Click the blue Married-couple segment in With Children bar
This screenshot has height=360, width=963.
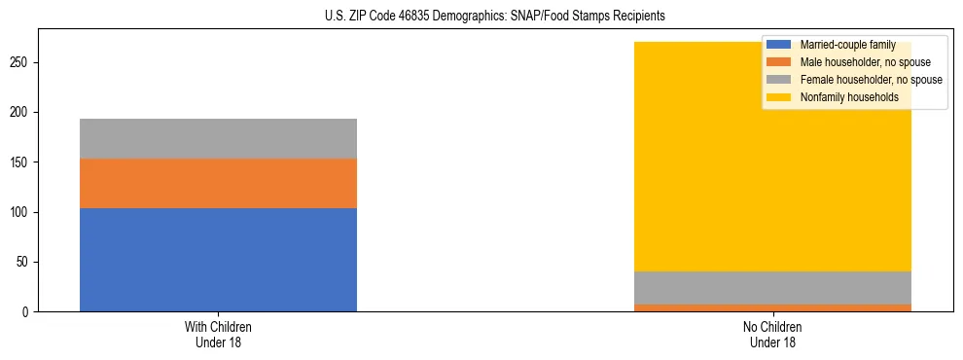pyautogui.click(x=218, y=260)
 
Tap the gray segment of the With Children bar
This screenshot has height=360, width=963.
pyautogui.click(x=218, y=138)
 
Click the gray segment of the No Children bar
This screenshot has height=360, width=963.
pyautogui.click(x=772, y=288)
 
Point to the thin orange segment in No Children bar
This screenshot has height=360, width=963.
pyautogui.click(x=772, y=307)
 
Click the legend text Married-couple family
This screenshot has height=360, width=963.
pyautogui.click(x=847, y=45)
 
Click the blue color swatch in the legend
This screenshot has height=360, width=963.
pyautogui.click(x=779, y=45)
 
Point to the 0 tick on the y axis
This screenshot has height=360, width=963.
pyautogui.click(x=28, y=312)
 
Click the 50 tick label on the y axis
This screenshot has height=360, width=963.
pyautogui.click(x=25, y=263)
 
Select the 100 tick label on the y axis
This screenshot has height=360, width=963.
pyautogui.click(x=22, y=212)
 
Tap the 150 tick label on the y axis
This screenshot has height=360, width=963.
pyautogui.click(x=22, y=162)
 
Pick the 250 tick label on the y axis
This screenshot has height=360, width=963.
pyautogui.click(x=22, y=63)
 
